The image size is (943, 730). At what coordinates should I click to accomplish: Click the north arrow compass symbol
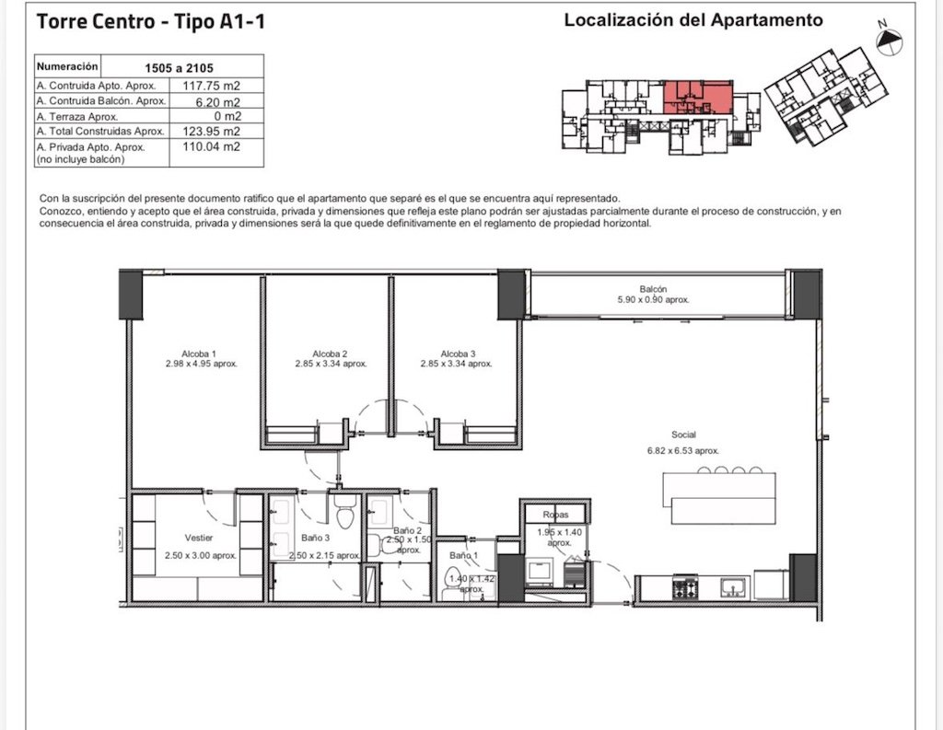pyautogui.click(x=890, y=41)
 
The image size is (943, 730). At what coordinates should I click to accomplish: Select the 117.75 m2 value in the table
pyautogui.click(x=211, y=86)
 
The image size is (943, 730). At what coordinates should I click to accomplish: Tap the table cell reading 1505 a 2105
pyautogui.click(x=180, y=68)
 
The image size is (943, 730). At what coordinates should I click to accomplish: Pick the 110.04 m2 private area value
pyautogui.click(x=211, y=146)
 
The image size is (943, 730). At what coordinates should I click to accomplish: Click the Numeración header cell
pyautogui.click(x=67, y=66)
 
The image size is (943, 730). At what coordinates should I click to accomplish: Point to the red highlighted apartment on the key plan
pyautogui.click(x=698, y=97)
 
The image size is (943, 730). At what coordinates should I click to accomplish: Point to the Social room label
pyautogui.click(x=683, y=435)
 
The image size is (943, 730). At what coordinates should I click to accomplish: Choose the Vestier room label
pyautogui.click(x=199, y=538)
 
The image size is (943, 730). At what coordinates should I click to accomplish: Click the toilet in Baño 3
pyautogui.click(x=344, y=513)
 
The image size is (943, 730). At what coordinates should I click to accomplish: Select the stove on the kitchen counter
pyautogui.click(x=685, y=587)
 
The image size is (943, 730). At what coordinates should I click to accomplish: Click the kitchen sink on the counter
pyautogui.click(x=734, y=587)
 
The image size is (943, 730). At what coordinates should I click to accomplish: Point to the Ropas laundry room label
pyautogui.click(x=555, y=515)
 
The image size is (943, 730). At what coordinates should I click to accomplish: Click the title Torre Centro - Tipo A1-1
pyautogui.click(x=150, y=22)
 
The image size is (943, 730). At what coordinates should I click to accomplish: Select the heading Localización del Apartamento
pyautogui.click(x=693, y=20)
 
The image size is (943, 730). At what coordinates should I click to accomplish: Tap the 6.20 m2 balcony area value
pyautogui.click(x=217, y=101)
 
